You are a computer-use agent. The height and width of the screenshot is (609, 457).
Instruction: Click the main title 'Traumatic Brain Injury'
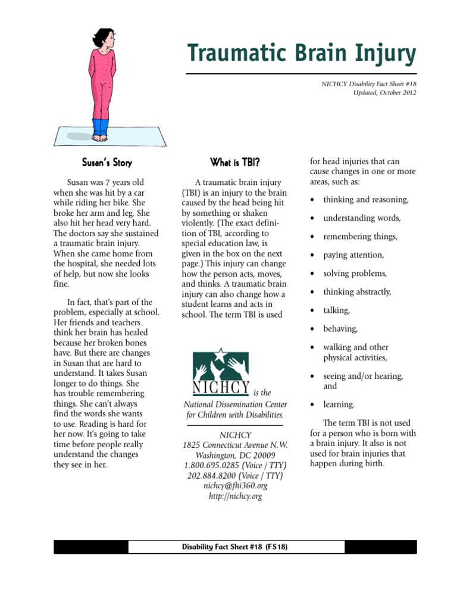click(x=302, y=54)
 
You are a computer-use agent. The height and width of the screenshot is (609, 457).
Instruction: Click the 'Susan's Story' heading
click(x=107, y=162)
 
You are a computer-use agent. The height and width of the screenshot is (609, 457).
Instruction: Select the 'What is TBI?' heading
click(x=235, y=162)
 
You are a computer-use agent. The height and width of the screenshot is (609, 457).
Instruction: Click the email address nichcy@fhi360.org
click(x=235, y=486)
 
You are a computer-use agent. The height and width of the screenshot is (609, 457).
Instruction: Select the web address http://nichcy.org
click(x=235, y=496)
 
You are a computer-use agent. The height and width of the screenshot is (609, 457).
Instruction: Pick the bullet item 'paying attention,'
click(x=353, y=255)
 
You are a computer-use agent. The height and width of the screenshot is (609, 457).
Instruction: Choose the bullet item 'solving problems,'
click(x=355, y=274)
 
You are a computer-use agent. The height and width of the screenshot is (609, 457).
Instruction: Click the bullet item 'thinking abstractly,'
click(x=357, y=292)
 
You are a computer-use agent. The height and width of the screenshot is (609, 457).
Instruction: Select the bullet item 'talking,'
click(x=336, y=310)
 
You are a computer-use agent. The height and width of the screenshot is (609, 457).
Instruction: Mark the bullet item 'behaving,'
click(x=340, y=329)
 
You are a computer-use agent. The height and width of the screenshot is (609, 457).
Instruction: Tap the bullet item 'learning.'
click(x=339, y=405)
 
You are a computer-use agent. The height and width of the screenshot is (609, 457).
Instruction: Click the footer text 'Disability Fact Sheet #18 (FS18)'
click(x=235, y=547)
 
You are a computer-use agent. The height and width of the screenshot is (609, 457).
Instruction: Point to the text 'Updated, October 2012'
click(x=384, y=93)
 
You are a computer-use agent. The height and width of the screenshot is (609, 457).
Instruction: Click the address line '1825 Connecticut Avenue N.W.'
click(x=235, y=445)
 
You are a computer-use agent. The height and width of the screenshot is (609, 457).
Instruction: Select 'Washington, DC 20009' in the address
click(x=235, y=456)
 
